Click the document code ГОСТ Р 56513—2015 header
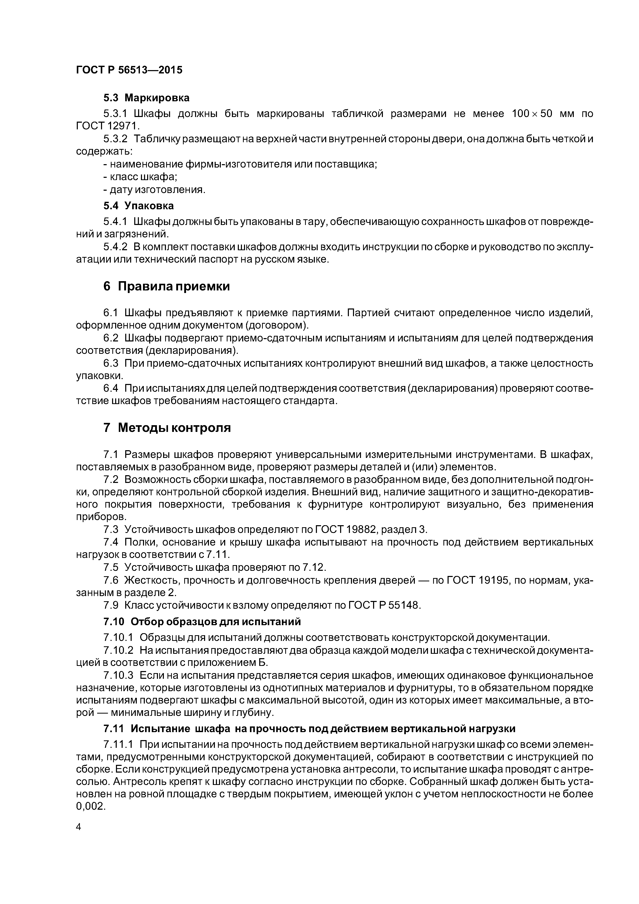pos(129,70)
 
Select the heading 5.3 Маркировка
pos(146,98)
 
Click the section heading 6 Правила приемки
pos(166,286)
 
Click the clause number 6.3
pos(111,363)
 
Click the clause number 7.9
pos(111,605)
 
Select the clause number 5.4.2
pos(115,247)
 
